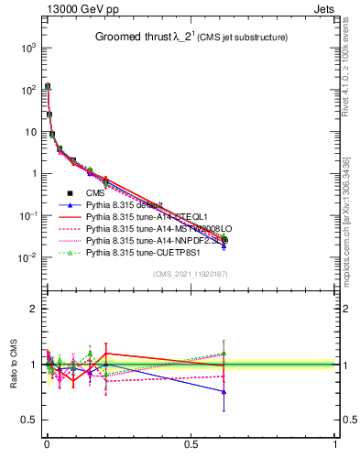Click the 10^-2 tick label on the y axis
pos(27,257)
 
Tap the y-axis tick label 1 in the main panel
pos(32,173)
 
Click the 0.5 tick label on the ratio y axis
pos(27,420)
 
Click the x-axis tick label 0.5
pos(191,455)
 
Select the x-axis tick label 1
pos(335,455)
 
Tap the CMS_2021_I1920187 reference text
pos(190,274)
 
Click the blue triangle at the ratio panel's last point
pos(224,392)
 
